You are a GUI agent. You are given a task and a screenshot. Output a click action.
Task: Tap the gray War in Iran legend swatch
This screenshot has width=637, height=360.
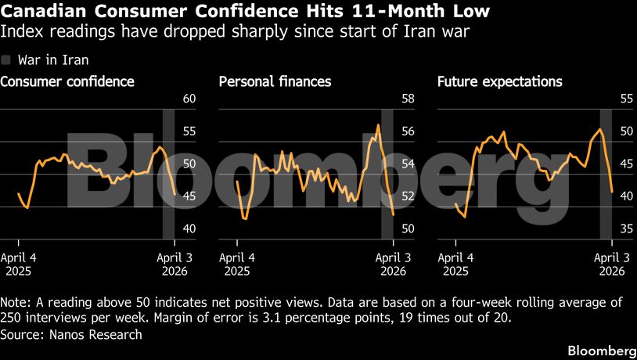pos(6,60)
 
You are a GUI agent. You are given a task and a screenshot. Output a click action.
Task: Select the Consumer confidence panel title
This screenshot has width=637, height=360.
pos(67,81)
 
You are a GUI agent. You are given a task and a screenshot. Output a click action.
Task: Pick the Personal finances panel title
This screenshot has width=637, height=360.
pos(275,81)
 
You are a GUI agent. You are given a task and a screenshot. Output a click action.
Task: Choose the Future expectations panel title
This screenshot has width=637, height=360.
pos(500,81)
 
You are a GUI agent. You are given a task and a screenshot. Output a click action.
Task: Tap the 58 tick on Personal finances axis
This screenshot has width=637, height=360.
pos(408,99)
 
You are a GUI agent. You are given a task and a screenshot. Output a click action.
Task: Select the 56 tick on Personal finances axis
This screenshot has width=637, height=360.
pos(408,131)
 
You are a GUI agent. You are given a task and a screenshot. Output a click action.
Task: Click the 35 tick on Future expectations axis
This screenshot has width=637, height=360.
pos(626,229)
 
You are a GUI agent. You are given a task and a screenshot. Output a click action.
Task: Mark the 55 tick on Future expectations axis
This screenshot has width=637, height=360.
pos(626,99)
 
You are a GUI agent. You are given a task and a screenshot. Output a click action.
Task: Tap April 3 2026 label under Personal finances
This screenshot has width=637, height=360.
pos(391,265)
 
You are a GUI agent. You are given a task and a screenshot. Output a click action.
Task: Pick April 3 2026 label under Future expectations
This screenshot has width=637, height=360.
pos(610,265)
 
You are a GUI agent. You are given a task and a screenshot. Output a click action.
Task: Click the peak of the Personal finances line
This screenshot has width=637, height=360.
pos(379,125)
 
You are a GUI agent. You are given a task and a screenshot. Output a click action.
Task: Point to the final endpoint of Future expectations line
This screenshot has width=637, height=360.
pos(610,191)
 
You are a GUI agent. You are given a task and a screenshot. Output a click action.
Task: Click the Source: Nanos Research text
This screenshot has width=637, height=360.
pos(72,334)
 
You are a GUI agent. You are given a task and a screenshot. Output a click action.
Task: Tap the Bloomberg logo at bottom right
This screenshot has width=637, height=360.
pos(601,349)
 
